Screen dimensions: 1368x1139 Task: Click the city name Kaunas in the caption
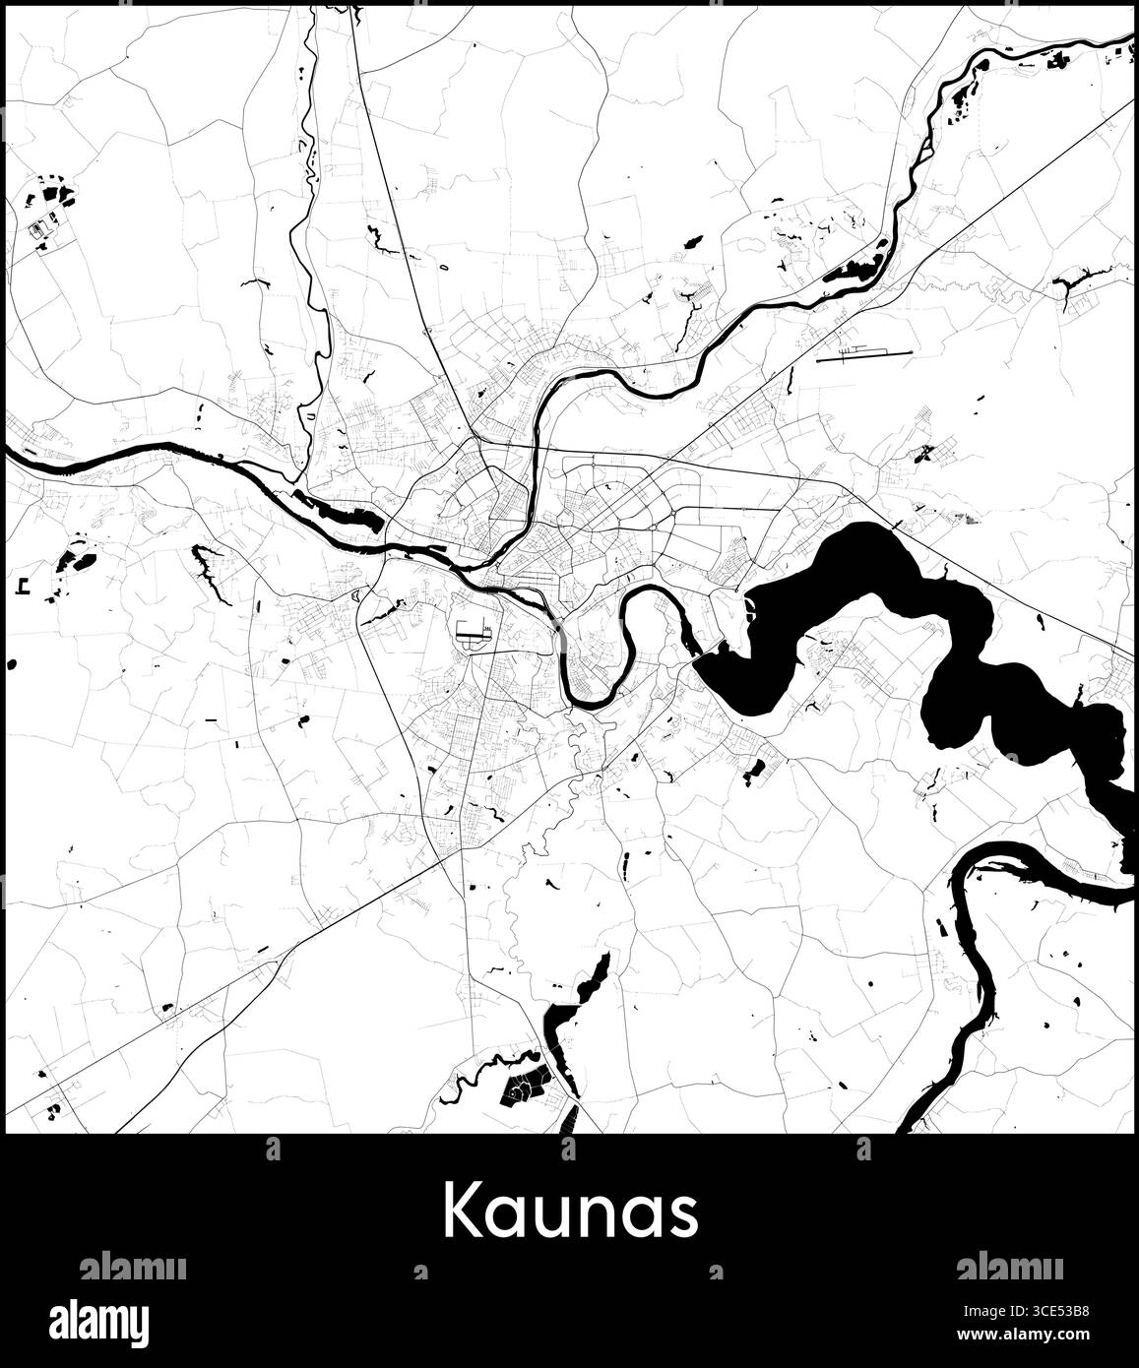570,1212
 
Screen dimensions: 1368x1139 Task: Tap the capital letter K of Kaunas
465,1212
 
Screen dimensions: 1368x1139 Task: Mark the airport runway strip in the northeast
864,353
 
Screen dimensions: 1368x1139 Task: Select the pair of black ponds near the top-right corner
1058,59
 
